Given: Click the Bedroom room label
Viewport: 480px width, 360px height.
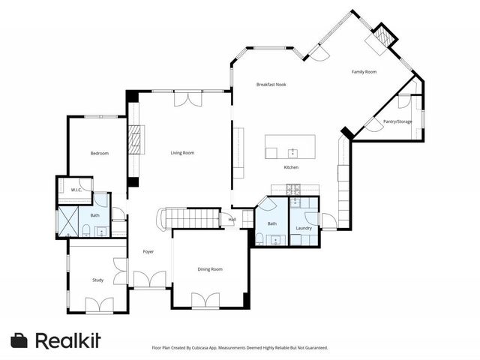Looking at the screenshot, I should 100,153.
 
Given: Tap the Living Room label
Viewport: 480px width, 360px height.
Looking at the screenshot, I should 182,152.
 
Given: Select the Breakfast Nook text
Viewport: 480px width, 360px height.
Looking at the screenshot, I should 271,84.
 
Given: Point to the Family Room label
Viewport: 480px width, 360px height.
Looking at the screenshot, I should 364,71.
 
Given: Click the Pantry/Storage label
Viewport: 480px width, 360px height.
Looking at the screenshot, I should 397,121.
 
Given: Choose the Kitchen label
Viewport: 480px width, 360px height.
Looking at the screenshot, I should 292,167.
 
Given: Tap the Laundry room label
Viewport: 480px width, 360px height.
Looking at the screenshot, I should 304,227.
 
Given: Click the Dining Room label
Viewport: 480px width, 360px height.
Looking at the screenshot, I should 210,268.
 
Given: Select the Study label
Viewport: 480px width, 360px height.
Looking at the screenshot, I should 97,280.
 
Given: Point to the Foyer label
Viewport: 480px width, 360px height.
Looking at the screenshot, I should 148,251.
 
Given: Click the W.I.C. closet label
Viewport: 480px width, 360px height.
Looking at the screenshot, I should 76,190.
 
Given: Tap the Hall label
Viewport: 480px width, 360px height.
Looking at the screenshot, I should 232,219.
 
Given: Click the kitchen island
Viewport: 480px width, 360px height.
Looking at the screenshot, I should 290,147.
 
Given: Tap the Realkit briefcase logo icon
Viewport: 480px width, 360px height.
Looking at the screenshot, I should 20,340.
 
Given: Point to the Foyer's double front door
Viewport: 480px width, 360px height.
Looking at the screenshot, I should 149,280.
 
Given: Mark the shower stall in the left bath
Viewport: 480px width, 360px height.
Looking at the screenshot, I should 68,221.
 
